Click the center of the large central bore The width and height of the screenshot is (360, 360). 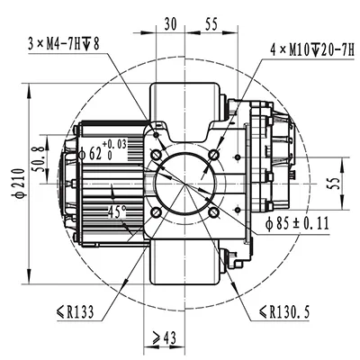pos(184,185)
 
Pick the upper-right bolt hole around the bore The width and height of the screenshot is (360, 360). pos(213,157)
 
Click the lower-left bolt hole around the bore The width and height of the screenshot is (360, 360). pos(157,212)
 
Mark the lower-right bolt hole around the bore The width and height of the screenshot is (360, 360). pos(213,213)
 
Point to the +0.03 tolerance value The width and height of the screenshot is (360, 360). pos(115,143)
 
